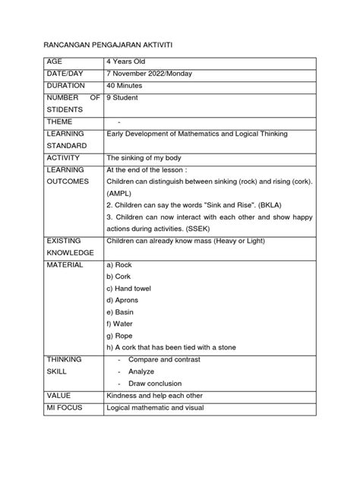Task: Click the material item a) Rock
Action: pyautogui.click(x=121, y=264)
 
